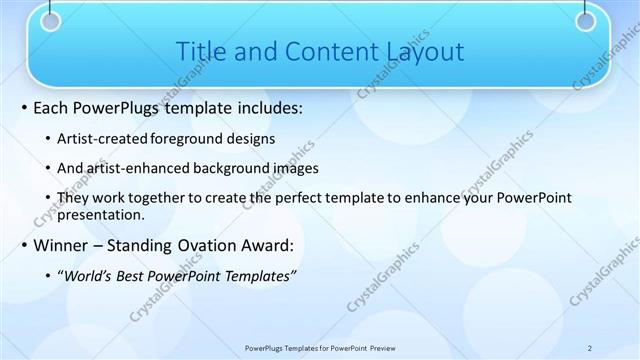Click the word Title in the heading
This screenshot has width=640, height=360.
point(197,51)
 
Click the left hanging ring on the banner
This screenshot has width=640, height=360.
point(51,20)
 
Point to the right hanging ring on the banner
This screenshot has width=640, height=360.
point(588,20)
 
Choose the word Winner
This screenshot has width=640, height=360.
point(62,245)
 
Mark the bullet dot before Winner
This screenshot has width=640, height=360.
point(23,245)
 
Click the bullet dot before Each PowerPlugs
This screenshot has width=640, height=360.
point(23,107)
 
